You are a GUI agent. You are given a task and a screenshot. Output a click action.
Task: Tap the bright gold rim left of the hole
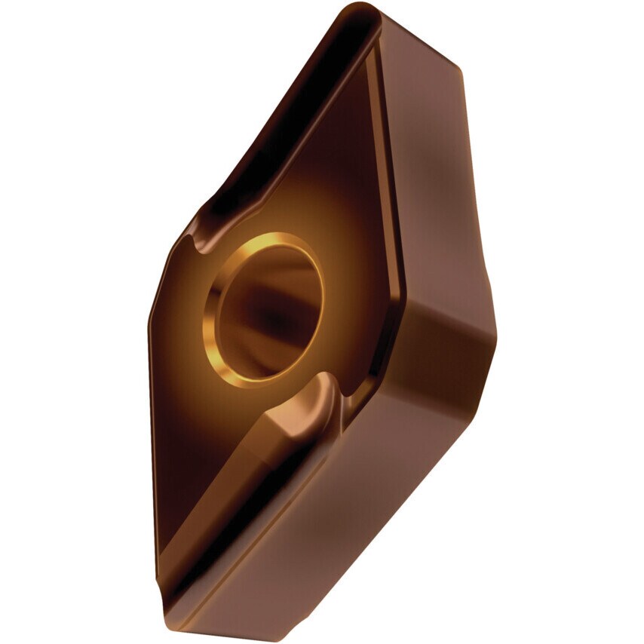212,317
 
